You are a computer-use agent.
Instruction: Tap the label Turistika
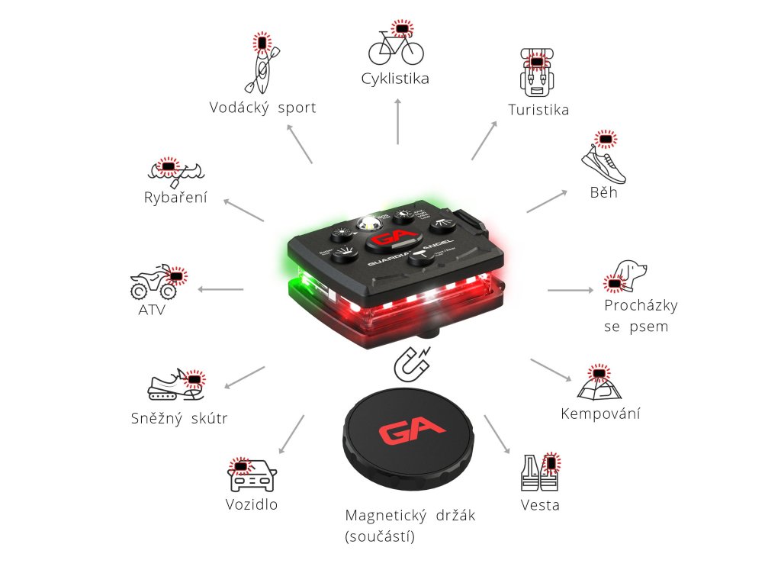point(538,110)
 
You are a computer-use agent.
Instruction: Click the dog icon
point(628,275)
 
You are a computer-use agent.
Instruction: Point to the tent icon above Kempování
point(599,385)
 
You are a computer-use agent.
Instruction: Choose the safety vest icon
point(539,473)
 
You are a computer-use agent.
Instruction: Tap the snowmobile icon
point(176,387)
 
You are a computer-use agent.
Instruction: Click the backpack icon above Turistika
point(538,72)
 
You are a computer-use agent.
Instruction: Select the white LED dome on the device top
point(371,224)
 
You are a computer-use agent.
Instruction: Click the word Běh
point(603,192)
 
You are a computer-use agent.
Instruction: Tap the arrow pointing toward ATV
point(221,290)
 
